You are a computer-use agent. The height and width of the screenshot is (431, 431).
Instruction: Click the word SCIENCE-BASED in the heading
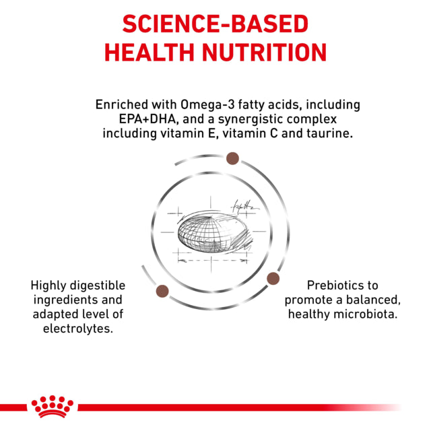pyautogui.click(x=215, y=24)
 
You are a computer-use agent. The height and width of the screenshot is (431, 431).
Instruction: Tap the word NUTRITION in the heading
pyautogui.click(x=265, y=53)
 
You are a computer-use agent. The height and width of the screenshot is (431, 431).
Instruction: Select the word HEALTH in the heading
pyautogui.click(x=150, y=53)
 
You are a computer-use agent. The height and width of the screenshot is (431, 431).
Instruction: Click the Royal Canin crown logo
pyautogui.click(x=53, y=407)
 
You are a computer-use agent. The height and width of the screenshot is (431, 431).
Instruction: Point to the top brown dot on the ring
pyautogui.click(x=232, y=158)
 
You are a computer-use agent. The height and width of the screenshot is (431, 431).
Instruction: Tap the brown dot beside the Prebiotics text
pyautogui.click(x=273, y=278)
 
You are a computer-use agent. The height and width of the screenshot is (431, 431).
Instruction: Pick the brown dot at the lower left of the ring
pyautogui.click(x=162, y=291)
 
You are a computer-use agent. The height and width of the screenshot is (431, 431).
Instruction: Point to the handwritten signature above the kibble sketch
pyautogui.click(x=244, y=207)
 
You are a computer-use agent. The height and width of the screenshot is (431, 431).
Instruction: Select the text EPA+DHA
pyautogui.click(x=147, y=119)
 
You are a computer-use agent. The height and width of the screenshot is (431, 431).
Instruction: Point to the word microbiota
pyautogui.click(x=366, y=314)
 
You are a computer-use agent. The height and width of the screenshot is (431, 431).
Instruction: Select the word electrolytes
pyautogui.click(x=78, y=329)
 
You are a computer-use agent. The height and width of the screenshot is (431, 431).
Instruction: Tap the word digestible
pyautogui.click(x=98, y=286)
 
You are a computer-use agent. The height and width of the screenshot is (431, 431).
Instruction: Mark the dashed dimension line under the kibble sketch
pyautogui.click(x=212, y=261)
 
